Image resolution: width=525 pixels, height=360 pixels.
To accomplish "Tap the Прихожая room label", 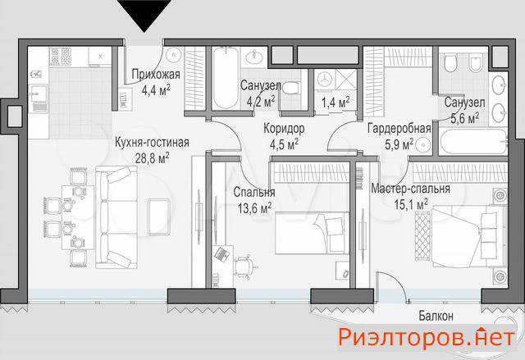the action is pos(156,75).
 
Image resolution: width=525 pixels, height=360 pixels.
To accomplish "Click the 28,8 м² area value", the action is pos(152,158).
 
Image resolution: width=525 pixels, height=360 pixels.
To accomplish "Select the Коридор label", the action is pos(284,128).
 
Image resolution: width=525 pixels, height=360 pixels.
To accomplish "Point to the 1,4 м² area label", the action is pos(336,103).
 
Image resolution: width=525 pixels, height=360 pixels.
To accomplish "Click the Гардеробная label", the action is pos(399,129).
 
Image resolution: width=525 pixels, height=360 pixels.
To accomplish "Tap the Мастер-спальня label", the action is pos(410,189).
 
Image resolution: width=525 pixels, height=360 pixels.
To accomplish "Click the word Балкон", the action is pos(436,316).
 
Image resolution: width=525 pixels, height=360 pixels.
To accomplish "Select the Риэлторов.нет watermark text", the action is pos(427,337).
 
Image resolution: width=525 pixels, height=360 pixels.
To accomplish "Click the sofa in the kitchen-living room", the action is pos(116,217).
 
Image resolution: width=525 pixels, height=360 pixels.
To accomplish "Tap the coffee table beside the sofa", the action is pos(159,216).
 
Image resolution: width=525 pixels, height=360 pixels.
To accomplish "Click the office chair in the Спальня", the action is pos(245,267).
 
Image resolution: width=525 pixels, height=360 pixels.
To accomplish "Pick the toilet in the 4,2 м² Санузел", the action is pos(290,89).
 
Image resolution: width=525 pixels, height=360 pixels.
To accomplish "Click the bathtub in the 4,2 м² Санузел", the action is pos(226,78).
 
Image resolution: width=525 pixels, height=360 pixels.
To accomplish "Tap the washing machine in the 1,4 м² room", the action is pos(325,80).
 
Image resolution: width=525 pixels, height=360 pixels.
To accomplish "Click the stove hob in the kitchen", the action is pos(60,57).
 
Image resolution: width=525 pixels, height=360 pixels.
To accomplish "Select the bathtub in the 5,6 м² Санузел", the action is pos(473,142).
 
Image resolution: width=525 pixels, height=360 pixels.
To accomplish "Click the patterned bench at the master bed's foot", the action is pos(422,236).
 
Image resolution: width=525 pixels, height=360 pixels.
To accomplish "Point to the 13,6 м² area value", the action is pos(255,208).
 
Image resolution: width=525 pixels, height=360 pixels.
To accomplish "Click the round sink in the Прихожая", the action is pos(173,55).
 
